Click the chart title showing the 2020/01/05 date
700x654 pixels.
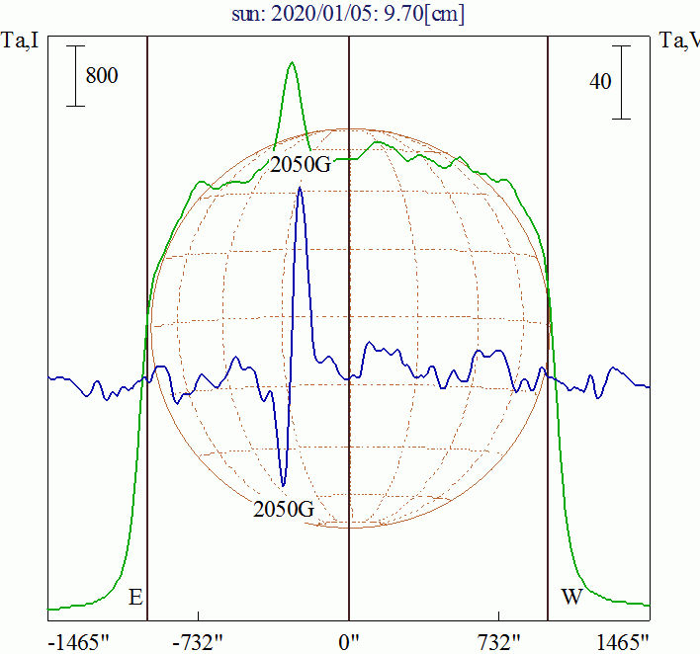349,16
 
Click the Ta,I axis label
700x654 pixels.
21,41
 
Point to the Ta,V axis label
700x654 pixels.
679,41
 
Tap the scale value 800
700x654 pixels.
102,76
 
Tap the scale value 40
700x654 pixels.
600,82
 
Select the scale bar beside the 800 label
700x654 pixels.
74,76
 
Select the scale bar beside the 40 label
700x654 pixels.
622,82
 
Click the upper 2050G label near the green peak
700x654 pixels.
301,164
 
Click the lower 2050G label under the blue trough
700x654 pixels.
284,510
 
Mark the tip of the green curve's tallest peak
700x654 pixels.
292,63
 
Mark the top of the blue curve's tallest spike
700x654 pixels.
299,188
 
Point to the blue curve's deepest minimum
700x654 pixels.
284,486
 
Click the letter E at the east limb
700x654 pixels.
135,598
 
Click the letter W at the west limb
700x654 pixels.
570,598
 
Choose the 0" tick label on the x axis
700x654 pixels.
349,642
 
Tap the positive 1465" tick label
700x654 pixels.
624,642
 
